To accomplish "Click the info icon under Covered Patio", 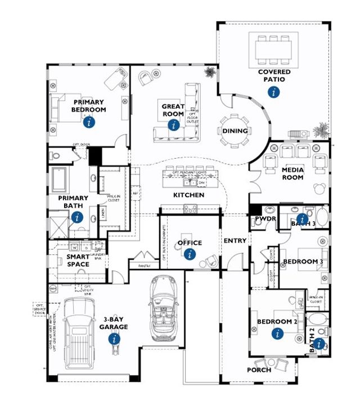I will pyautogui.click(x=274, y=93).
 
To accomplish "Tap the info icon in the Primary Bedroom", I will pyautogui.click(x=88, y=121).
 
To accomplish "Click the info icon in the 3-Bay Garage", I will pyautogui.click(x=115, y=338).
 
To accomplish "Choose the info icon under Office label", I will pyautogui.click(x=190, y=255).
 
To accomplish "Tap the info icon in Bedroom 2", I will pyautogui.click(x=277, y=333).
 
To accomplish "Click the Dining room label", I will pyautogui.click(x=235, y=131).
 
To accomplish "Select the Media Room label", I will pyautogui.click(x=292, y=173).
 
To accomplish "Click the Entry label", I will pyautogui.click(x=235, y=241).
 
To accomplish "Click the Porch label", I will pyautogui.click(x=259, y=370).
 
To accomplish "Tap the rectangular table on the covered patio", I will pyautogui.click(x=274, y=47).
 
